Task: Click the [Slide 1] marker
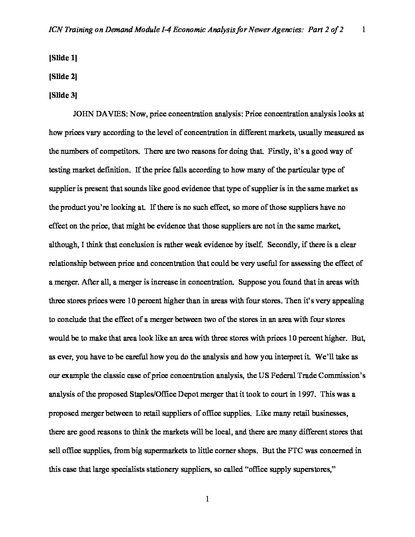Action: [63, 58]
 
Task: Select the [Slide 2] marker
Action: [63, 77]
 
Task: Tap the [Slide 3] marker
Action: [63, 95]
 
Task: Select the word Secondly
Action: [282, 245]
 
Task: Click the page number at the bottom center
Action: [207, 499]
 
